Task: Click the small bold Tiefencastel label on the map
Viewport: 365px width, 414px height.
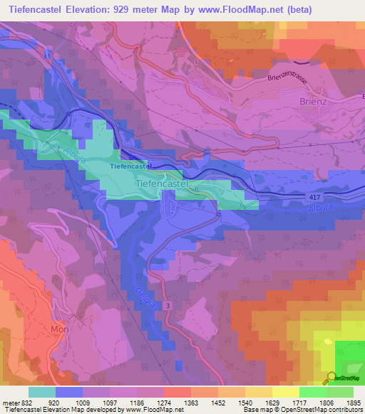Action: coord(131,166)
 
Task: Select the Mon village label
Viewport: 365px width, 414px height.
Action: coord(58,329)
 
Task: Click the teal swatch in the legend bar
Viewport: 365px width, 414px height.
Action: coord(42,391)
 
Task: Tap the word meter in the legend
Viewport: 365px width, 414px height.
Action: coord(10,403)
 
